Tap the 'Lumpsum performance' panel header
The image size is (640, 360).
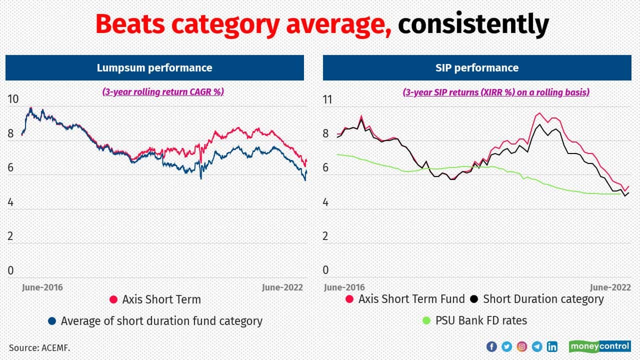pyautogui.click(x=154, y=68)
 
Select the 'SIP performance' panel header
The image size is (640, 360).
pyautogui.click(x=476, y=68)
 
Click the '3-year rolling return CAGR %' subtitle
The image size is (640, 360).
pyautogui.click(x=163, y=92)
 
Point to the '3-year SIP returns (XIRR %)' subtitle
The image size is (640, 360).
pyautogui.click(x=496, y=92)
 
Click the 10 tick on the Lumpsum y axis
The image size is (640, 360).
pyautogui.click(x=13, y=99)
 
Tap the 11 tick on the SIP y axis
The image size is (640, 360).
pyautogui.click(x=327, y=99)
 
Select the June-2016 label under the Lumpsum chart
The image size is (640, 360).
pyautogui.click(x=42, y=287)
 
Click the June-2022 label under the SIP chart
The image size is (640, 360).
pyautogui.click(x=610, y=287)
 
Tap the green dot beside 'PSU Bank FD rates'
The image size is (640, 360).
pyautogui.click(x=426, y=320)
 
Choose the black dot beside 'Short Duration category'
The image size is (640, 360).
pyautogui.click(x=474, y=299)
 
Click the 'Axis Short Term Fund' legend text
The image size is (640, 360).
pyautogui.click(x=411, y=299)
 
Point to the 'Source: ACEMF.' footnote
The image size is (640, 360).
pyautogui.click(x=39, y=347)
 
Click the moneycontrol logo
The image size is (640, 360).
pyautogui.click(x=599, y=346)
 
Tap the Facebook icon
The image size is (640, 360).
pyautogui.click(x=491, y=346)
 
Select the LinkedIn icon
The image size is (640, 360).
pyautogui.click(x=552, y=346)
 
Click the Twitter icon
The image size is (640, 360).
pyautogui.click(x=506, y=346)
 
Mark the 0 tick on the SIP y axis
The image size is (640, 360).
pyautogui.click(x=326, y=270)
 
